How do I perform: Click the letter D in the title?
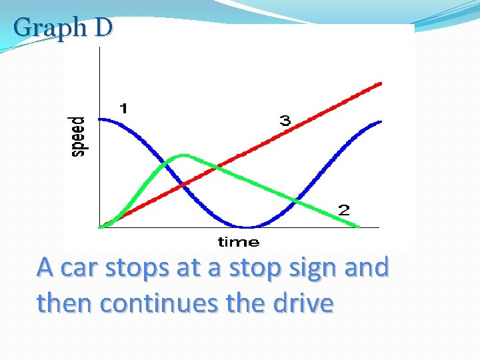(x=103, y=27)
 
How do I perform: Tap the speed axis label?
(x=79, y=136)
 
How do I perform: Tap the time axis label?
(x=239, y=241)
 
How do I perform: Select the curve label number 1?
(x=124, y=108)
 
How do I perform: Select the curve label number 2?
(x=343, y=211)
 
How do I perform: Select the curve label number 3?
(x=285, y=121)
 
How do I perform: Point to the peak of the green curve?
(x=183, y=155)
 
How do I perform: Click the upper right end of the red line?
(x=380, y=83)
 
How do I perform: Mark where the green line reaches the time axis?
(x=359, y=227)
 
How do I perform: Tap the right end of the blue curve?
(x=380, y=122)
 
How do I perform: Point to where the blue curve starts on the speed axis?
(x=100, y=119)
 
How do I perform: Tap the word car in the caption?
(x=81, y=267)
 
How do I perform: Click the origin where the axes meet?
(x=99, y=227)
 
